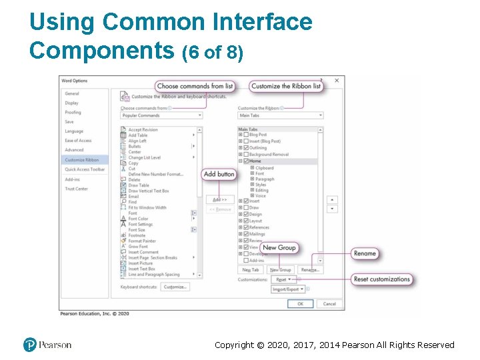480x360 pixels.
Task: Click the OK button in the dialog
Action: pyautogui.click(x=300, y=303)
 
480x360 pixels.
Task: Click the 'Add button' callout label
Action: pyautogui.click(x=219, y=174)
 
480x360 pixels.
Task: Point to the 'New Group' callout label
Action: pyautogui.click(x=279, y=247)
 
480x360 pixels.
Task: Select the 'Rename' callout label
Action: pyautogui.click(x=365, y=253)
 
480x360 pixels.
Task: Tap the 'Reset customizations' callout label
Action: pyautogui.click(x=382, y=279)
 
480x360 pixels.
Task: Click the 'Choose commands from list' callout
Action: pyautogui.click(x=195, y=86)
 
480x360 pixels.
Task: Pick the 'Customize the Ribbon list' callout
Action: pyautogui.click(x=286, y=86)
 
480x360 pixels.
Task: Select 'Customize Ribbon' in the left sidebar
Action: pyautogui.click(x=81, y=160)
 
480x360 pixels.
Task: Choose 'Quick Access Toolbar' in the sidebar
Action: pyautogui.click(x=85, y=169)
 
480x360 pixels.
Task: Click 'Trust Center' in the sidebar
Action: pyautogui.click(x=76, y=189)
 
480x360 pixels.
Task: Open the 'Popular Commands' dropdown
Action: pyautogui.click(x=161, y=115)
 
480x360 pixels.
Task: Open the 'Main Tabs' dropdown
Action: pyautogui.click(x=281, y=115)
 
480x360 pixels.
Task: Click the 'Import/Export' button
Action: pyautogui.click(x=289, y=289)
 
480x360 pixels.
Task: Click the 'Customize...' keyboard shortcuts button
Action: pyautogui.click(x=175, y=287)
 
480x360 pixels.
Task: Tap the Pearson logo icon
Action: pyautogui.click(x=29, y=345)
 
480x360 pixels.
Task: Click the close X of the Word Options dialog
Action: pyautogui.click(x=336, y=81)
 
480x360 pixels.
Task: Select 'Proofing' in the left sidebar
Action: pyautogui.click(x=73, y=113)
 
